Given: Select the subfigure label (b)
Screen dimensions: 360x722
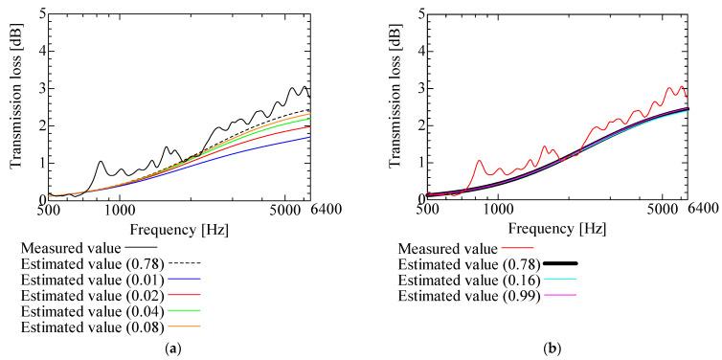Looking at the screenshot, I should [549, 350].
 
